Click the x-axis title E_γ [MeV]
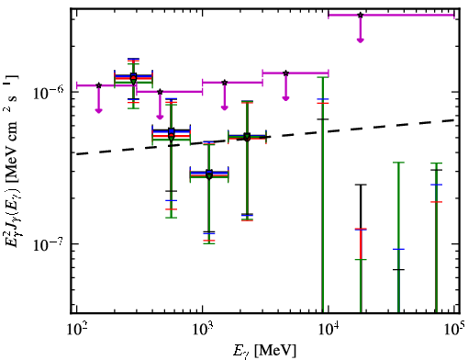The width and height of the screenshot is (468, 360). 264,350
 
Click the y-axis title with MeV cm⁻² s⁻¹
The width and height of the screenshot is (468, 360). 12,159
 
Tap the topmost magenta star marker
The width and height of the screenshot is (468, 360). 361,15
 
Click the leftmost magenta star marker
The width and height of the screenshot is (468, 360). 98,85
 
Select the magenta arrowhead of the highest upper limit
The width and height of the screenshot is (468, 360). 361,40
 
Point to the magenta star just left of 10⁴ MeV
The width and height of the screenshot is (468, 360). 285,73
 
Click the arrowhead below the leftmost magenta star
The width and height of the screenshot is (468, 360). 98,110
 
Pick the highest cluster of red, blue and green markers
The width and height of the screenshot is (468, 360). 133,78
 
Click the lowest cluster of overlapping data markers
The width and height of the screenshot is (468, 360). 209,174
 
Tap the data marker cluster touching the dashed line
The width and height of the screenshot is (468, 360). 247,137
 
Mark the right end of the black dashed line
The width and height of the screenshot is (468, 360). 454,120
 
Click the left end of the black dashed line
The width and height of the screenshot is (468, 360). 77,154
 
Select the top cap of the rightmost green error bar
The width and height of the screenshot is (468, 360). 437,163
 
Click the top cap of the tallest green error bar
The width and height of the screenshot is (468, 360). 323,77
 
